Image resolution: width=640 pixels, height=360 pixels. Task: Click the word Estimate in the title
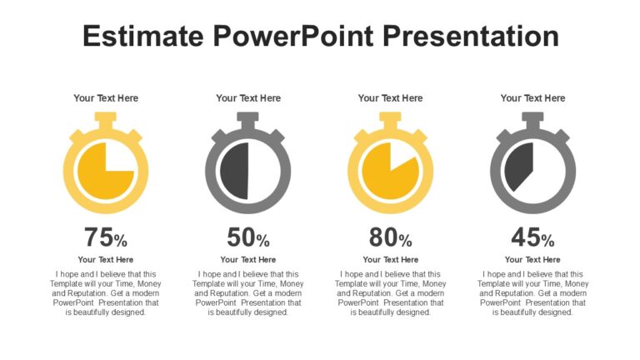(x=142, y=36)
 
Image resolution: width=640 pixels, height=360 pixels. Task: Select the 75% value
(x=106, y=238)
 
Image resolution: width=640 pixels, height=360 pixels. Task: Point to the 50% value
(x=248, y=238)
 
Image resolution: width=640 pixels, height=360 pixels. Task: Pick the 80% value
(x=391, y=238)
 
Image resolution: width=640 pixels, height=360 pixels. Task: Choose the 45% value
(x=532, y=238)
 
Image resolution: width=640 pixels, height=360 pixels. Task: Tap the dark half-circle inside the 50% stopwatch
(x=236, y=171)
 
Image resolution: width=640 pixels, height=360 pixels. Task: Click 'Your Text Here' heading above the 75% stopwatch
(x=106, y=98)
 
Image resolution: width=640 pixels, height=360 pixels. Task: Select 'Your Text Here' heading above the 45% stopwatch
(x=532, y=98)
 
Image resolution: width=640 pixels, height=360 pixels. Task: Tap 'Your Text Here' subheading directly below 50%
(x=248, y=260)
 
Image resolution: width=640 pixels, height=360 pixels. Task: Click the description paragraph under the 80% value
(x=390, y=293)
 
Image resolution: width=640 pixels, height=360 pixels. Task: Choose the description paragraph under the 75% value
(x=106, y=293)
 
